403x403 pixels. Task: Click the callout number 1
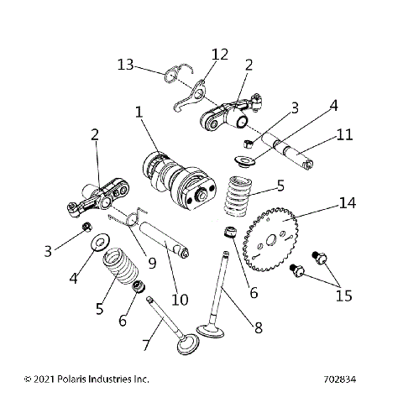click(x=139, y=112)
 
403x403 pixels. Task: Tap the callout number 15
click(x=343, y=296)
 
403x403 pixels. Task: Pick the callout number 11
click(x=344, y=134)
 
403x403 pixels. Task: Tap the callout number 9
click(x=152, y=261)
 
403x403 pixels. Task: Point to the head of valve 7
click(x=183, y=346)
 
